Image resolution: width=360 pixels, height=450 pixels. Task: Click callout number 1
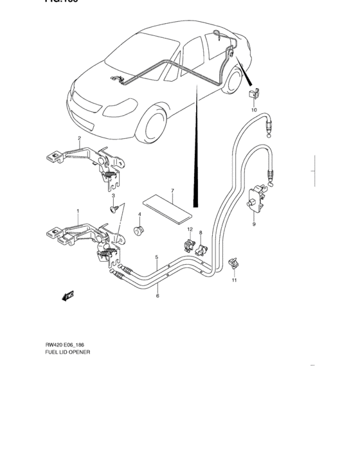[x=78, y=211]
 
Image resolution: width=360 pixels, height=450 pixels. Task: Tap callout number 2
[x=79, y=138]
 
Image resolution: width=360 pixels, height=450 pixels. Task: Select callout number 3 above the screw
[x=113, y=195]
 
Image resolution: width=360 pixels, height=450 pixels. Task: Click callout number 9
[x=253, y=224]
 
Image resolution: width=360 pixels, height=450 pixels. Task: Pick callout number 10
[x=253, y=110]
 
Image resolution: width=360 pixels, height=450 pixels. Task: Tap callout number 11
[x=235, y=281]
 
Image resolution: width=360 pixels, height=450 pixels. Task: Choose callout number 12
[x=190, y=230]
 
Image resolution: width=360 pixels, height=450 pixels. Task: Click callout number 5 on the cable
[x=157, y=258]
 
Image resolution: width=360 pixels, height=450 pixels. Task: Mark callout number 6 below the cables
[x=157, y=296]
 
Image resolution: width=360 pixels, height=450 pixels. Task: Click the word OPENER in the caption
[x=79, y=353]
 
